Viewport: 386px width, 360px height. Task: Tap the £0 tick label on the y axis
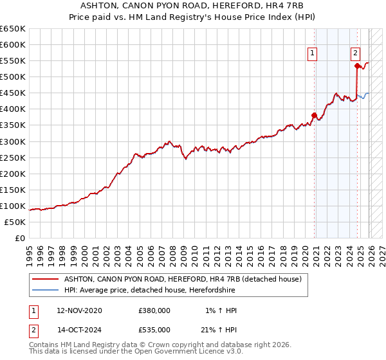coord(19,238)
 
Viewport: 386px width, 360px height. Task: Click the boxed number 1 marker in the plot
coord(313,53)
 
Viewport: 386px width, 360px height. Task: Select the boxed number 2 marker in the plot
coord(355,53)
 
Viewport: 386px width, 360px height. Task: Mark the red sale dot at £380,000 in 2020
coord(315,116)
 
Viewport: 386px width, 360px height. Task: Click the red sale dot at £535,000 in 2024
coord(357,66)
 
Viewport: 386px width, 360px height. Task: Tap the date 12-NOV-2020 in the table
coord(79,310)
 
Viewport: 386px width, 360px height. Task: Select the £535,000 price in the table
coord(154,329)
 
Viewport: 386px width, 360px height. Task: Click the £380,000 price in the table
coord(154,310)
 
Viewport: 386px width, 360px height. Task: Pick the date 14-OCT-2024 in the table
coord(79,329)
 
